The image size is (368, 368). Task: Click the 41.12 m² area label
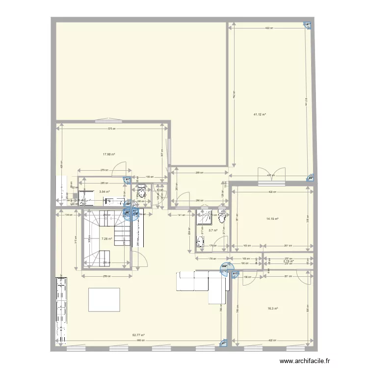(260, 115)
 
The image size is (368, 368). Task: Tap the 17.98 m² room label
(109, 154)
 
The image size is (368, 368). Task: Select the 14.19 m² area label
(272, 219)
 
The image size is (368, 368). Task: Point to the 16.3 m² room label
(273, 309)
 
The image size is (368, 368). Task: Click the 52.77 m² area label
(139, 336)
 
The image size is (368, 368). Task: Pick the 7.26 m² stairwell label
(106, 239)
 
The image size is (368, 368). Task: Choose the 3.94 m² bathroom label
(104, 192)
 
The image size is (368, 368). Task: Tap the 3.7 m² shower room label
(213, 230)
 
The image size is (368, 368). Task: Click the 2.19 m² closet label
(288, 261)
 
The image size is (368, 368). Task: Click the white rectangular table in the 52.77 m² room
(104, 299)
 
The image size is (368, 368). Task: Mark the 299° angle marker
(225, 267)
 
